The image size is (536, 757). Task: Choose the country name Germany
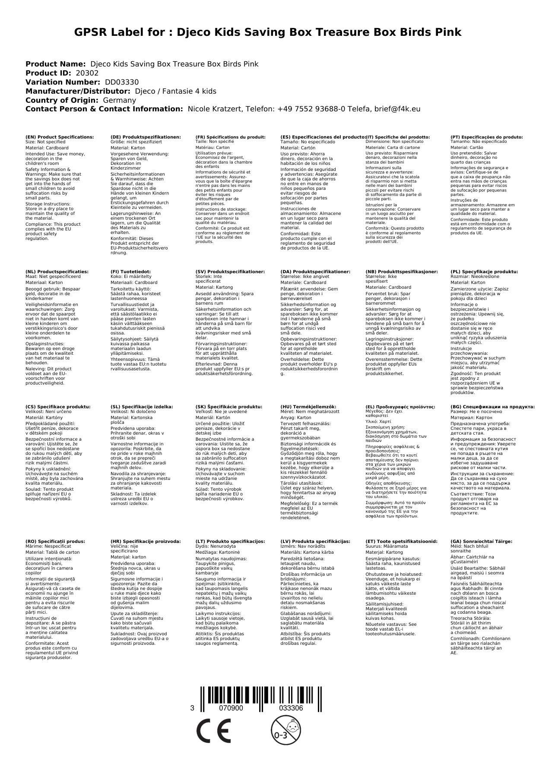pos(119,100)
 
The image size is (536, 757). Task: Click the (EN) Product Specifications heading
pos(60,137)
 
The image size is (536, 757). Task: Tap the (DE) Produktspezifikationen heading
pos(146,137)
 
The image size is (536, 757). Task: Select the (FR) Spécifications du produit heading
pos(230,137)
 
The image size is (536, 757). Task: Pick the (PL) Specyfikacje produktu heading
pos(484,272)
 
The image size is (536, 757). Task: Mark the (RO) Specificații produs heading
pos(55,541)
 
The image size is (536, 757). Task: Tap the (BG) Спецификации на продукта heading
pos(492,407)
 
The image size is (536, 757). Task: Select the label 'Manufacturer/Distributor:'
pos(78,91)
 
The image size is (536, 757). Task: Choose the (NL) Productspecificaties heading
pos(57,272)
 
